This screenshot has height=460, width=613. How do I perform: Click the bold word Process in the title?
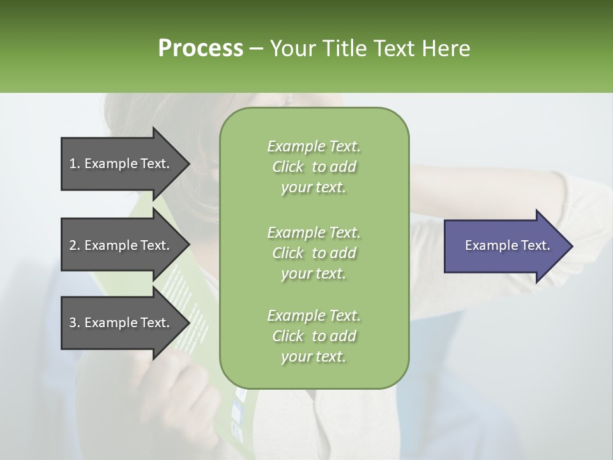pyautogui.click(x=201, y=48)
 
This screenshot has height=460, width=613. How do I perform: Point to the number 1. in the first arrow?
pyautogui.click(x=75, y=164)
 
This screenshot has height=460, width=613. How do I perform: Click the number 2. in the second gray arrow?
pyautogui.click(x=75, y=245)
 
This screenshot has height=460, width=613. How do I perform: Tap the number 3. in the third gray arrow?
pyautogui.click(x=75, y=323)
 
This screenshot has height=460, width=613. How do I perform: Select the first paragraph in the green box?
pyautogui.click(x=314, y=167)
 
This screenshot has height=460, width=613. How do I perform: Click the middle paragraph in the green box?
pyautogui.click(x=314, y=253)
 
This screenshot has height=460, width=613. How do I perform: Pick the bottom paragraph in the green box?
pyautogui.click(x=314, y=336)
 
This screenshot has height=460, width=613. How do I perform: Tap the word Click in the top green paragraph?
pyautogui.click(x=288, y=167)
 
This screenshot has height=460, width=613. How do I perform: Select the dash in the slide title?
pyautogui.click(x=257, y=48)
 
